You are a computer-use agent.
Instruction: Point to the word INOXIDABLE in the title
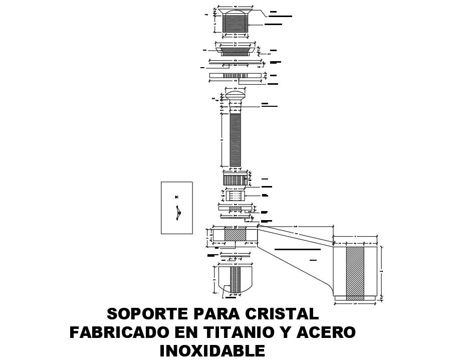[212, 350]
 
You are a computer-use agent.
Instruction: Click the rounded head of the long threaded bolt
[235, 94]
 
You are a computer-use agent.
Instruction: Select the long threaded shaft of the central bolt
[235, 140]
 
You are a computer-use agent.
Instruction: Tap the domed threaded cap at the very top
[236, 20]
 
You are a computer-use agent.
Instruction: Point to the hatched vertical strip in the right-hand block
[356, 271]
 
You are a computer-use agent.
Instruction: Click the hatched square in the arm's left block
[235, 234]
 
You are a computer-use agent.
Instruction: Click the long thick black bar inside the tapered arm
[298, 249]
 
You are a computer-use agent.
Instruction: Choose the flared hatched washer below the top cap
[235, 50]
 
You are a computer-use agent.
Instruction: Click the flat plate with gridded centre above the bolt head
[235, 75]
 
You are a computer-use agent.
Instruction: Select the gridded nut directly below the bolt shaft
[235, 178]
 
